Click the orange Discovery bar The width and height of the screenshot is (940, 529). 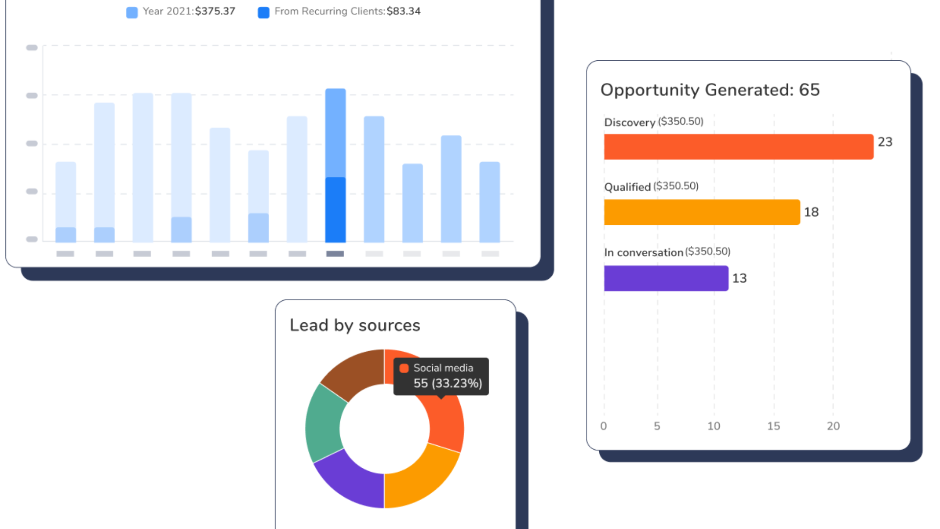738,146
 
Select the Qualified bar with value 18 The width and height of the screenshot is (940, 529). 702,212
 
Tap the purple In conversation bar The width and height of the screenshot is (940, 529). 666,278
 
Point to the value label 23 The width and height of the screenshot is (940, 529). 885,142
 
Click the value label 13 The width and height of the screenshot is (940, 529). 739,278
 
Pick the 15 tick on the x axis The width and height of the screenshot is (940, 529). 774,426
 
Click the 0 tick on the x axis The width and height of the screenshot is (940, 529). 604,426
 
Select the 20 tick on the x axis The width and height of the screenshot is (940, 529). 833,426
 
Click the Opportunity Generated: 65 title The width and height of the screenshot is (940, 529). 710,90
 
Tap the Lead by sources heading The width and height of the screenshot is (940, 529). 355,325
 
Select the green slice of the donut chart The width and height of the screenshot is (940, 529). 324,423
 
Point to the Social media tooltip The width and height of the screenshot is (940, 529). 441,376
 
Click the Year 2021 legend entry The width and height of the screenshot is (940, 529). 181,11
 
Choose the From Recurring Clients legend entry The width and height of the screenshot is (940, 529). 339,11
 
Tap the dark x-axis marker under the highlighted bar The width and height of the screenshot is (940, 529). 335,254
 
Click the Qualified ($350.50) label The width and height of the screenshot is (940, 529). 651,187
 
